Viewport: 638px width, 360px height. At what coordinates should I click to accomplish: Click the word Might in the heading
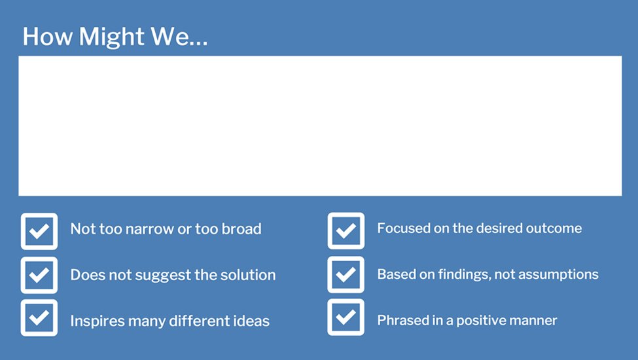tap(111, 37)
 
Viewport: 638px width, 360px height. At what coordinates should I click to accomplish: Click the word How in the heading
tap(48, 36)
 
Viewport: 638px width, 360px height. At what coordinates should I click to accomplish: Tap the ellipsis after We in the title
tap(198, 43)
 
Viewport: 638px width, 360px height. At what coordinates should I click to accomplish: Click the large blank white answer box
tap(320, 126)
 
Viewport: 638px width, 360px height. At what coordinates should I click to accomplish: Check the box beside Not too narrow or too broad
tap(39, 231)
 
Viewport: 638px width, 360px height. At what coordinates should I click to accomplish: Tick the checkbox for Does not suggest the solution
tap(39, 275)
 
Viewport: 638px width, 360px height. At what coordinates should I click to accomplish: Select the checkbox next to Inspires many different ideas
tap(39, 317)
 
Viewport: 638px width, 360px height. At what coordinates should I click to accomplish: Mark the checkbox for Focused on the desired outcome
tap(346, 230)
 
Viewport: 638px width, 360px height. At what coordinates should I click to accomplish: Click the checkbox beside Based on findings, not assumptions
tap(346, 274)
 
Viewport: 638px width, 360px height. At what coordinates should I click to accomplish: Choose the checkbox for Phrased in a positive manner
tap(346, 317)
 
